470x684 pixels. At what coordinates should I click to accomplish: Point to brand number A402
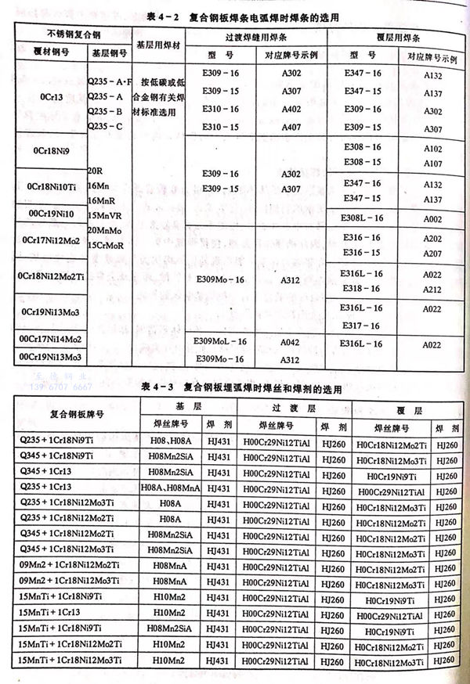click(291, 108)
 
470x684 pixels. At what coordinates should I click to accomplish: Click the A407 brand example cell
click(291, 126)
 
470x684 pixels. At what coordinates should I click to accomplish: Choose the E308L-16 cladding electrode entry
click(363, 220)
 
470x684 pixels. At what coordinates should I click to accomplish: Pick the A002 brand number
click(432, 221)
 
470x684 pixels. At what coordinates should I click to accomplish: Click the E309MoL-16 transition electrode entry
click(221, 342)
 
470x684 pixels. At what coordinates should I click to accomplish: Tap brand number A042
click(291, 342)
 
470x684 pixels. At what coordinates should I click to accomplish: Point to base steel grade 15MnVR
click(103, 214)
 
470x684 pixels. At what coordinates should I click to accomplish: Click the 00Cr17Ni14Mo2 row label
click(50, 340)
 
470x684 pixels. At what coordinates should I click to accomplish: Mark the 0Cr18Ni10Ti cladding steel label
click(50, 188)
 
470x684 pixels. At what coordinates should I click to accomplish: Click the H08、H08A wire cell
click(164, 442)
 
